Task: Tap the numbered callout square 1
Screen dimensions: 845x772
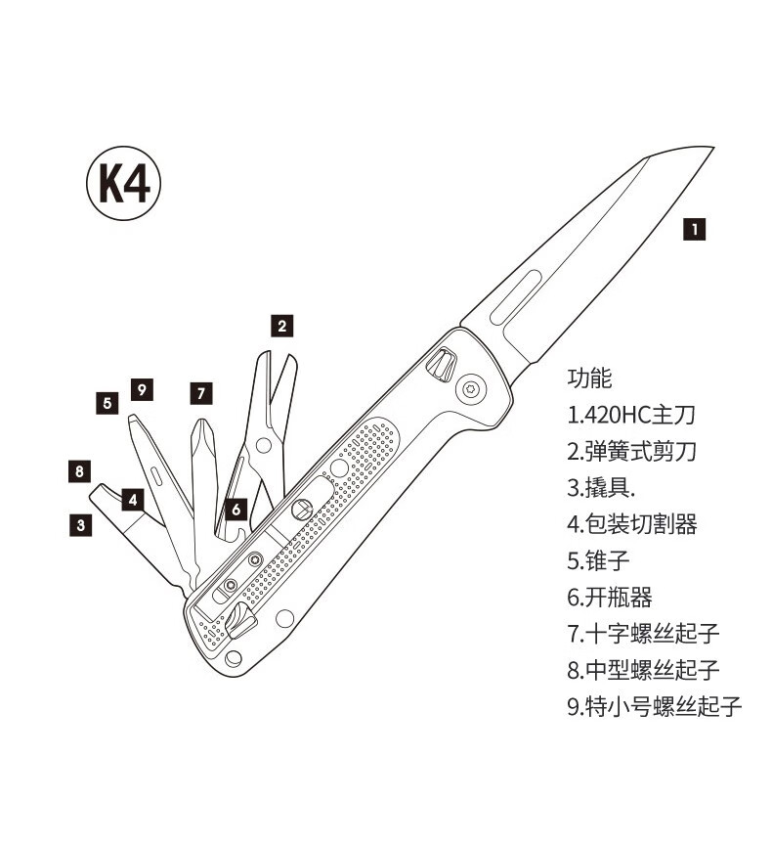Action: pos(693,230)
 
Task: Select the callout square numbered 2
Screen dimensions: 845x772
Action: pos(281,327)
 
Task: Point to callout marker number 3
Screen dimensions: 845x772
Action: pos(81,525)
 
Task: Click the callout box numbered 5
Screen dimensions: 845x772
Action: pos(107,401)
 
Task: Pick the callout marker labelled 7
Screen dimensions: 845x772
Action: pos(200,394)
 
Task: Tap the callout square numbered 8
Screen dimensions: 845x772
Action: pos(80,471)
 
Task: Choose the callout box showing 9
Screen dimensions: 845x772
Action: pos(142,390)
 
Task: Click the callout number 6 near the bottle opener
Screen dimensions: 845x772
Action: pos(236,509)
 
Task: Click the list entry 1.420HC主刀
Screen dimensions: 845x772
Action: pos(631,415)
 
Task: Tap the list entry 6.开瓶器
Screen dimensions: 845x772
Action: pos(610,597)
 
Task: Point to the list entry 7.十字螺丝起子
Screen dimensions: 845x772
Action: pos(643,633)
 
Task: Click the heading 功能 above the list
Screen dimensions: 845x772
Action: pos(589,378)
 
